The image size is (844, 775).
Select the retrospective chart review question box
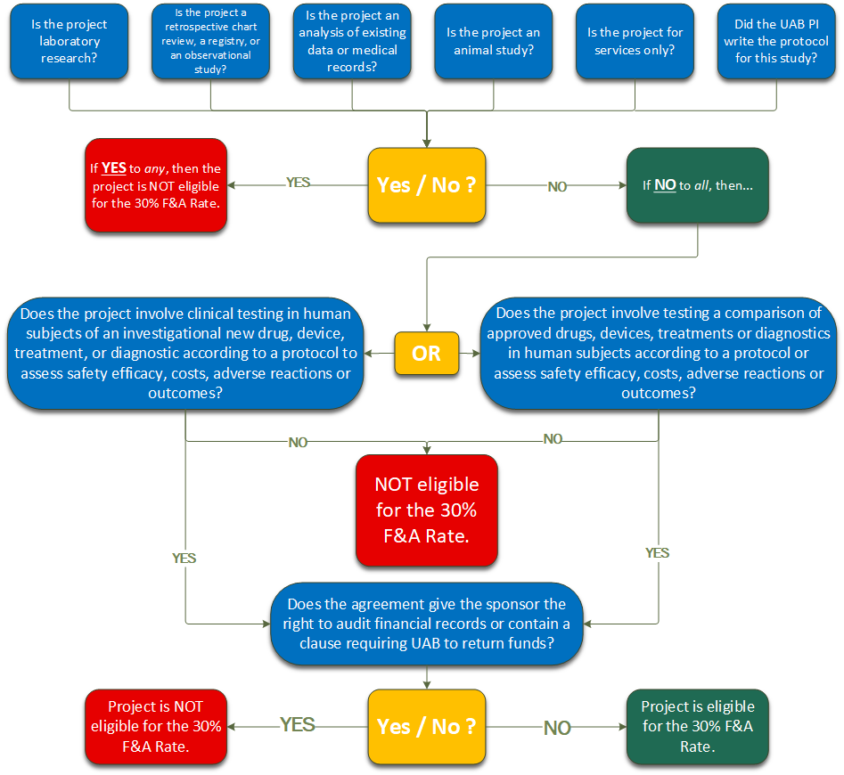pos(210,42)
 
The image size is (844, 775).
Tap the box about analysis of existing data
pos(352,42)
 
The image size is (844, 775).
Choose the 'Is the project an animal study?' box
pos(493,42)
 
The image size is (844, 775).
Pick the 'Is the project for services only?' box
pos(635,42)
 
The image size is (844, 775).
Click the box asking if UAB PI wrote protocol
pos(775,42)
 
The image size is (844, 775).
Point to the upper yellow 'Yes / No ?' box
pos(427,185)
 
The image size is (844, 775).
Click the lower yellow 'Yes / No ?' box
pos(427,726)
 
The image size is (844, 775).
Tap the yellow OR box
pos(426,354)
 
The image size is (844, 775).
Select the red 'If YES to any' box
pos(156,184)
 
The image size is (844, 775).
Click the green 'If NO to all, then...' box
pos(697,185)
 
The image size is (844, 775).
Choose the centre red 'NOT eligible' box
pos(426,510)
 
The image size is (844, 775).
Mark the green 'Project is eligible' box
pos(697,726)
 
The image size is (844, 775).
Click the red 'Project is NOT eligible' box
pos(156,726)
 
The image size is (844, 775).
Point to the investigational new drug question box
pos(185,354)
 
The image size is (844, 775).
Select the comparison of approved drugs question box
pos(659,354)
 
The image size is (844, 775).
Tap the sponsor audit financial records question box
pos(426,624)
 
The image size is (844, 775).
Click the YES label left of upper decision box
pos(298,183)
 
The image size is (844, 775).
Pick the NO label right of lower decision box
pos(557,729)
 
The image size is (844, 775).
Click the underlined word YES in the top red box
pos(113,167)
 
